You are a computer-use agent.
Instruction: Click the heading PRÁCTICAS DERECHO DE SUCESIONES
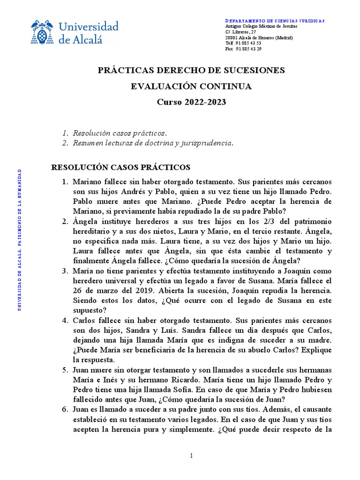coord(191,70)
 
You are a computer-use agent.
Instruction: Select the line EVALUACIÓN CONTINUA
coord(191,86)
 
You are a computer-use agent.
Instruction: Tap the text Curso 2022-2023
coord(191,102)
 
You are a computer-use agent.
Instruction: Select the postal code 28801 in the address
coord(231,37)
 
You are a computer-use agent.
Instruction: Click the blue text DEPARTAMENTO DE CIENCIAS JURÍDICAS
coord(275,21)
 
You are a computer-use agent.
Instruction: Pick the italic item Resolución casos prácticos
coord(120,133)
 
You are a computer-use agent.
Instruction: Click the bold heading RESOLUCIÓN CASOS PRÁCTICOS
coord(120,167)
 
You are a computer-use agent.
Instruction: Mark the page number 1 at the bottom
coord(191,456)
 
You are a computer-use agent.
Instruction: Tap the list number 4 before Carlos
coord(65,320)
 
